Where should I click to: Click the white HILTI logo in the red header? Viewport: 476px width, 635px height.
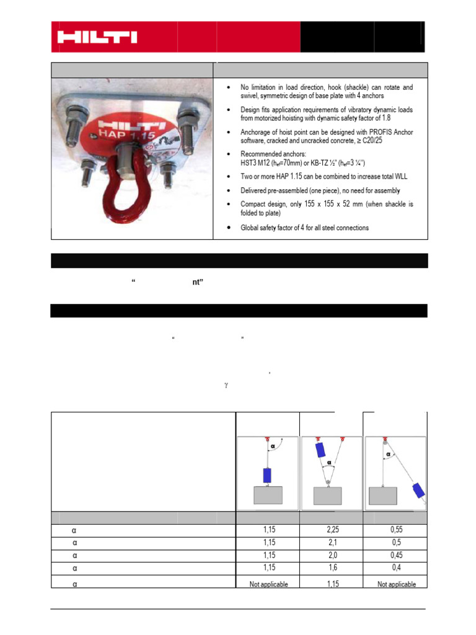pyautogui.click(x=97, y=37)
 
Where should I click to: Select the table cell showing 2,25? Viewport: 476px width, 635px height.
pyautogui.click(x=331, y=531)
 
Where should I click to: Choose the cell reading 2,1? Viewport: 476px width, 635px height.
pyautogui.click(x=331, y=543)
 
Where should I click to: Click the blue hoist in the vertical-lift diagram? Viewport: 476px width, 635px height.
pyautogui.click(x=268, y=476)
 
